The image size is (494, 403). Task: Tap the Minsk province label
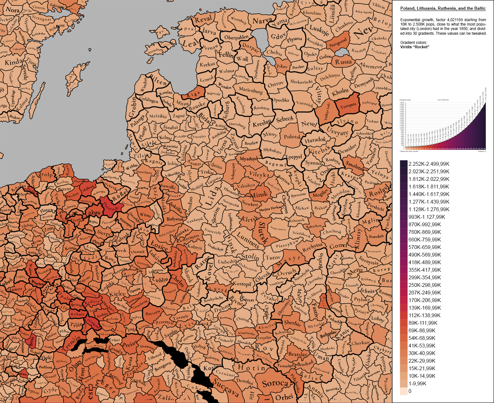click(x=259, y=195)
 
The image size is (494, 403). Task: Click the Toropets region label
click(x=348, y=105)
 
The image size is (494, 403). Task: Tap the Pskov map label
click(x=282, y=67)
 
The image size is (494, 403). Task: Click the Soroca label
click(x=275, y=384)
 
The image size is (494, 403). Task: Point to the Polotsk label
click(x=292, y=137)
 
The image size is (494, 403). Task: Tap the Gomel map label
click(x=338, y=246)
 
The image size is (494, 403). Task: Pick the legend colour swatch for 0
click(x=403, y=391)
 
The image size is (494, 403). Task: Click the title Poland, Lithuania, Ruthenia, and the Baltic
click(x=443, y=9)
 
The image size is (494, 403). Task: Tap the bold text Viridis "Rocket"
click(x=415, y=47)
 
